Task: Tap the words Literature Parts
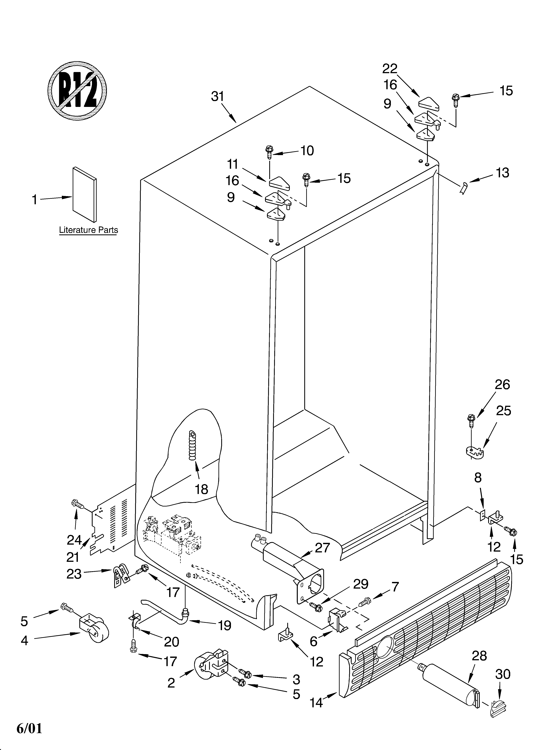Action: coord(88,230)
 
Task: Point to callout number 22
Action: coord(390,69)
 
